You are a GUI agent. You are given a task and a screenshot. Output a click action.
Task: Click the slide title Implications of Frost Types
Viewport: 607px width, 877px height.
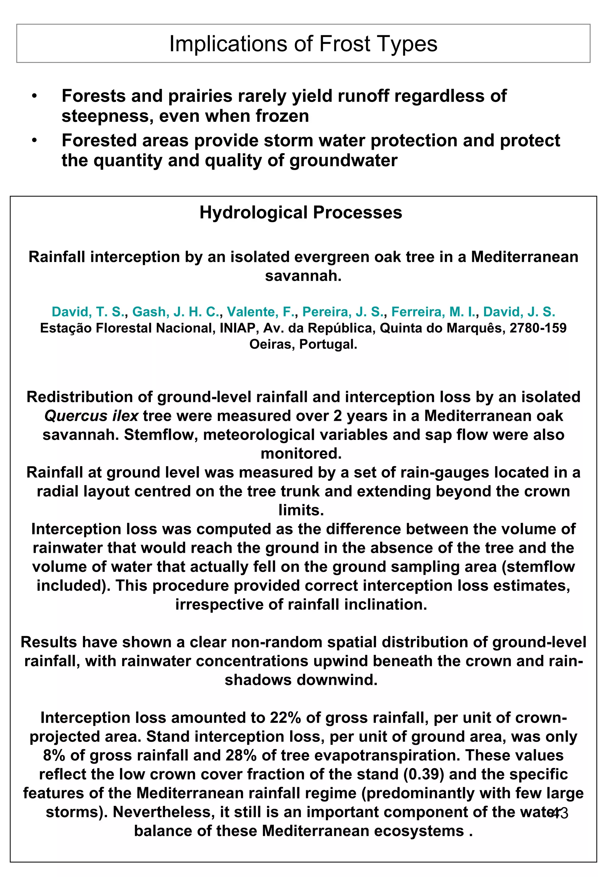coord(303,44)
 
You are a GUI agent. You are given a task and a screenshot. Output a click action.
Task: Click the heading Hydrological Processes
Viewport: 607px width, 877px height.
coord(301,213)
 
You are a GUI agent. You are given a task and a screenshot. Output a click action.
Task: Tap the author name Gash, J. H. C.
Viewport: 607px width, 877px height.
coord(176,312)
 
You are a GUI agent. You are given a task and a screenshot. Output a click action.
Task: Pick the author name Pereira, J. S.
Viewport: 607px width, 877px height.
coord(342,312)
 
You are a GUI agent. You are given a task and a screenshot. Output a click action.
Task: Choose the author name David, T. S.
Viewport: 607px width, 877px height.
coord(87,312)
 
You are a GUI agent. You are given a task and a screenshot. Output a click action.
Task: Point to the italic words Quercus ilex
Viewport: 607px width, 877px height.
coord(91,416)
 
